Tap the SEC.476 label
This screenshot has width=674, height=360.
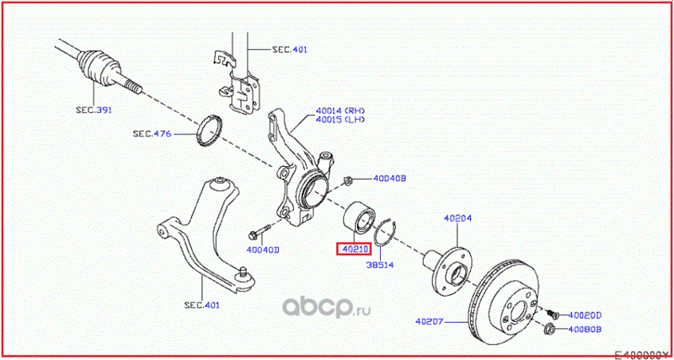click(152, 133)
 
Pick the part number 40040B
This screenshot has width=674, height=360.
click(390, 179)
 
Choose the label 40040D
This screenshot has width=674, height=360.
click(263, 250)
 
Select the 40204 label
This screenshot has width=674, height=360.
click(457, 218)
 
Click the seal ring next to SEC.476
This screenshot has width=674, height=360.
click(209, 130)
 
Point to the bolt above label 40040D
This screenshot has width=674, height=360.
click(258, 232)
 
